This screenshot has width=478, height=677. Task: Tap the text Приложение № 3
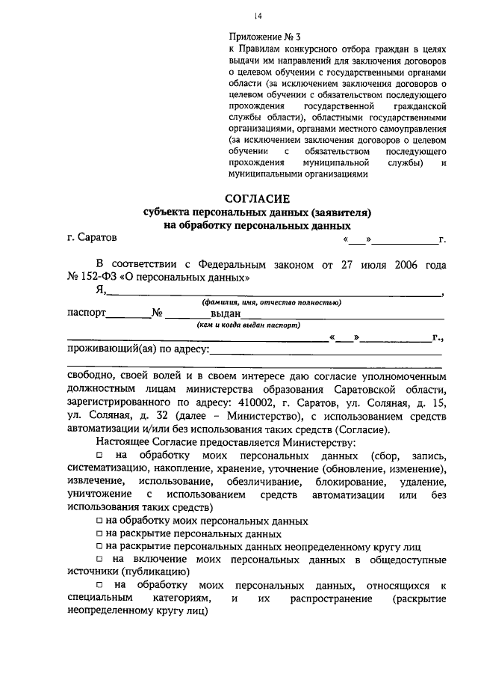264,35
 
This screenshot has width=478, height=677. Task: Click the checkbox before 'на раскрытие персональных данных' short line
99,535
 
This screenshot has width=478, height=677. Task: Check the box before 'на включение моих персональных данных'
99,560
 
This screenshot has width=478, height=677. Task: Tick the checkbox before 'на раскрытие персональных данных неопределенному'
99,548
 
